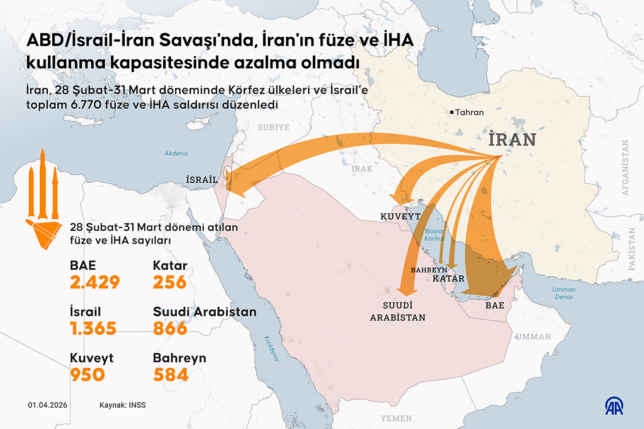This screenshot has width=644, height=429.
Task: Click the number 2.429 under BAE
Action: (95, 283)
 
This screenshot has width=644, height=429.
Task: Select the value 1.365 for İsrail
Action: (93, 328)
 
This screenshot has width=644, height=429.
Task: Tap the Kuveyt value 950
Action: (87, 375)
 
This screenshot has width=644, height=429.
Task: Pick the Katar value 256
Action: (170, 283)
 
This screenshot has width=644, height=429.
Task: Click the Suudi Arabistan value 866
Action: (170, 328)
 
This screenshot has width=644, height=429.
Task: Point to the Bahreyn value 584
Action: (171, 375)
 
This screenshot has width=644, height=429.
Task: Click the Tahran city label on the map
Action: (469, 113)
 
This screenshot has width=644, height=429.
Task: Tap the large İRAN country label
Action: (512, 140)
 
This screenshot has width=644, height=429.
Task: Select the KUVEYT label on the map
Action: (400, 217)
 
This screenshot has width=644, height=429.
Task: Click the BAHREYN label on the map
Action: (429, 269)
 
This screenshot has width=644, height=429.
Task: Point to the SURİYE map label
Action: (273, 127)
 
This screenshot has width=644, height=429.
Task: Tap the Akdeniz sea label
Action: (177, 153)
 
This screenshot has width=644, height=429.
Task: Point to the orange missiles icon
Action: (44, 198)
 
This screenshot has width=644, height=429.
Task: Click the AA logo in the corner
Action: (616, 405)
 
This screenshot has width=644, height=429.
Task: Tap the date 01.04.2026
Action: (48, 405)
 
